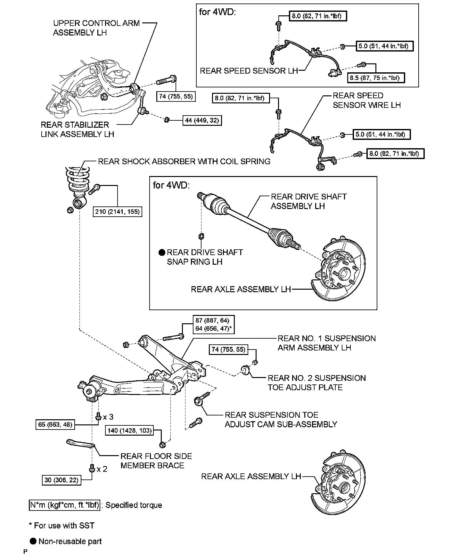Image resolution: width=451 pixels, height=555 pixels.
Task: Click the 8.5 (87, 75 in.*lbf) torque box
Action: click(376, 77)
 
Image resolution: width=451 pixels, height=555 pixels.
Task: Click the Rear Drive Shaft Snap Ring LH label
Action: click(205, 257)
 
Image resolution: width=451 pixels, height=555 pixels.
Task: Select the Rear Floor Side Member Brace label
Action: click(156, 461)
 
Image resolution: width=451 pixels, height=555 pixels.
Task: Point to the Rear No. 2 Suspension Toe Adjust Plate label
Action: click(316, 382)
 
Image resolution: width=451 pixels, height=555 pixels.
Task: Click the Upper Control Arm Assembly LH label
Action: click(96, 28)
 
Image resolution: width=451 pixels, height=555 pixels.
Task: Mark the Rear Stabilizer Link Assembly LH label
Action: click(77, 129)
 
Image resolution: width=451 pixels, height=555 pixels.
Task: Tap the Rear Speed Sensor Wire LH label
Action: click(366, 100)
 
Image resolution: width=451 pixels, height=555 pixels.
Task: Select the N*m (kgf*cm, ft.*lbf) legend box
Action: click(65, 505)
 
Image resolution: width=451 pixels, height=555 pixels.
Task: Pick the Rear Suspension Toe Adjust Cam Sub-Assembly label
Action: click(281, 420)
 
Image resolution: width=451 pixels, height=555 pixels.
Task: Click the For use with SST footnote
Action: click(62, 526)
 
